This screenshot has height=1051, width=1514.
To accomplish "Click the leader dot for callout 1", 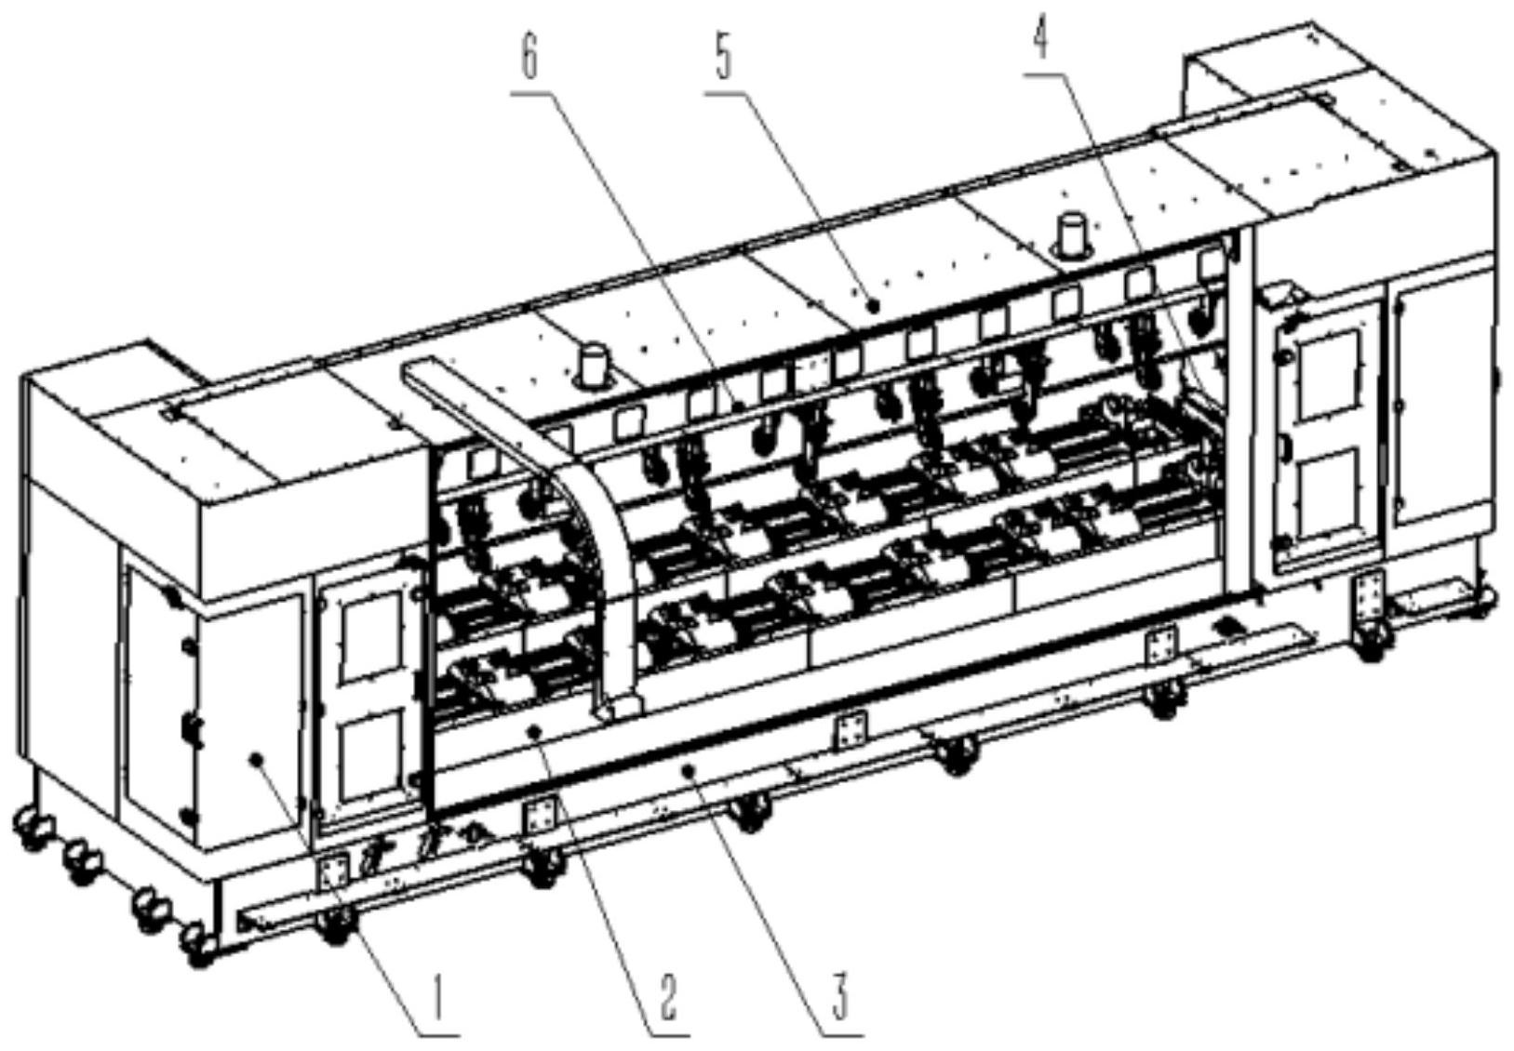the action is point(256,759).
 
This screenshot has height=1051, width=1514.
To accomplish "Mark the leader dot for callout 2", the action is point(535,729).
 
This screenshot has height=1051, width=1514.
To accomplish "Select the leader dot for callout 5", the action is point(874,305).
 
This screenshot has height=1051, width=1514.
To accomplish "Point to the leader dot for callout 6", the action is point(742,406).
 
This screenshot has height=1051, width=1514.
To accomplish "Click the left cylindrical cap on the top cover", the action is point(592,366).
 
